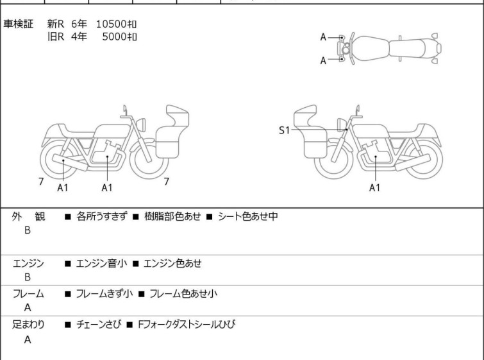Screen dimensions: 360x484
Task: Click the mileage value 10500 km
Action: coord(116,24)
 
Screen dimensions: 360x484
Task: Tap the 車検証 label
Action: coord(19,24)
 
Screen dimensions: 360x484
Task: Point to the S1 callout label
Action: coord(284,130)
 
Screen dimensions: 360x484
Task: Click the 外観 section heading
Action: coord(28,217)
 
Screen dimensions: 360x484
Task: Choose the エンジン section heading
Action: coord(28,263)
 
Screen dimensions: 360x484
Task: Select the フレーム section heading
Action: coord(28,294)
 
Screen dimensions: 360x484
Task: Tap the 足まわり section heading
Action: coord(28,325)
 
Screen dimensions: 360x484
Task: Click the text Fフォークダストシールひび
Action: coord(187,325)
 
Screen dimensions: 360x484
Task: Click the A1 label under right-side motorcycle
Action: coord(375,187)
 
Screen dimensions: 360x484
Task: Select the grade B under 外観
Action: coord(28,230)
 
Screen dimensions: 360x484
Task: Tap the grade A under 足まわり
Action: coord(28,340)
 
